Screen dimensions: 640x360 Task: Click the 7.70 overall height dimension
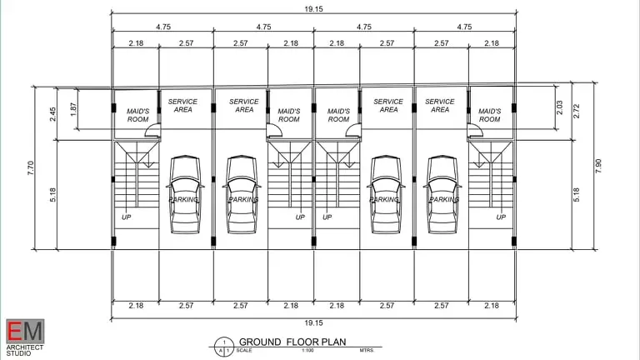coord(31,167)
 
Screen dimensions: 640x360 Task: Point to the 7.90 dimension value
coord(598,166)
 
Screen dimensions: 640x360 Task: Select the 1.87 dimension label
coord(73,109)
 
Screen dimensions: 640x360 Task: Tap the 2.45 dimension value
coord(52,114)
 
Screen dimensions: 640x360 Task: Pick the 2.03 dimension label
coord(559,107)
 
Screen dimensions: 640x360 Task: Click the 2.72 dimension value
coord(577,111)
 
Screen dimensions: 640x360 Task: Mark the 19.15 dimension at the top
coord(313,9)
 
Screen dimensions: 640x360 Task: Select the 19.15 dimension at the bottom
coord(313,322)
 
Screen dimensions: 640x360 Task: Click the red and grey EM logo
coord(25,332)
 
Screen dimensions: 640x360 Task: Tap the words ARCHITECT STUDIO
coord(24,350)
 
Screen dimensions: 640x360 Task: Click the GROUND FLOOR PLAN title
coord(292,342)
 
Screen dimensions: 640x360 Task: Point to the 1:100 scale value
coord(307,351)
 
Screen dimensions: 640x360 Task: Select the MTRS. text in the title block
coord(367,351)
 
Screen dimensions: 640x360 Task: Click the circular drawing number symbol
coord(224,347)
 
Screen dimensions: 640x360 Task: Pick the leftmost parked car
coord(185,194)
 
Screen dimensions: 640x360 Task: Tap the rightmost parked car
coord(442,194)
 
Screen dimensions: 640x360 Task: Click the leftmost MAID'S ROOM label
coord(138,115)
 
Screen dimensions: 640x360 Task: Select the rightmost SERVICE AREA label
coord(440,105)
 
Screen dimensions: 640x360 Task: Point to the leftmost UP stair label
coord(126,217)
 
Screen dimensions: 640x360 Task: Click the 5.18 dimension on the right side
coord(577,195)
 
